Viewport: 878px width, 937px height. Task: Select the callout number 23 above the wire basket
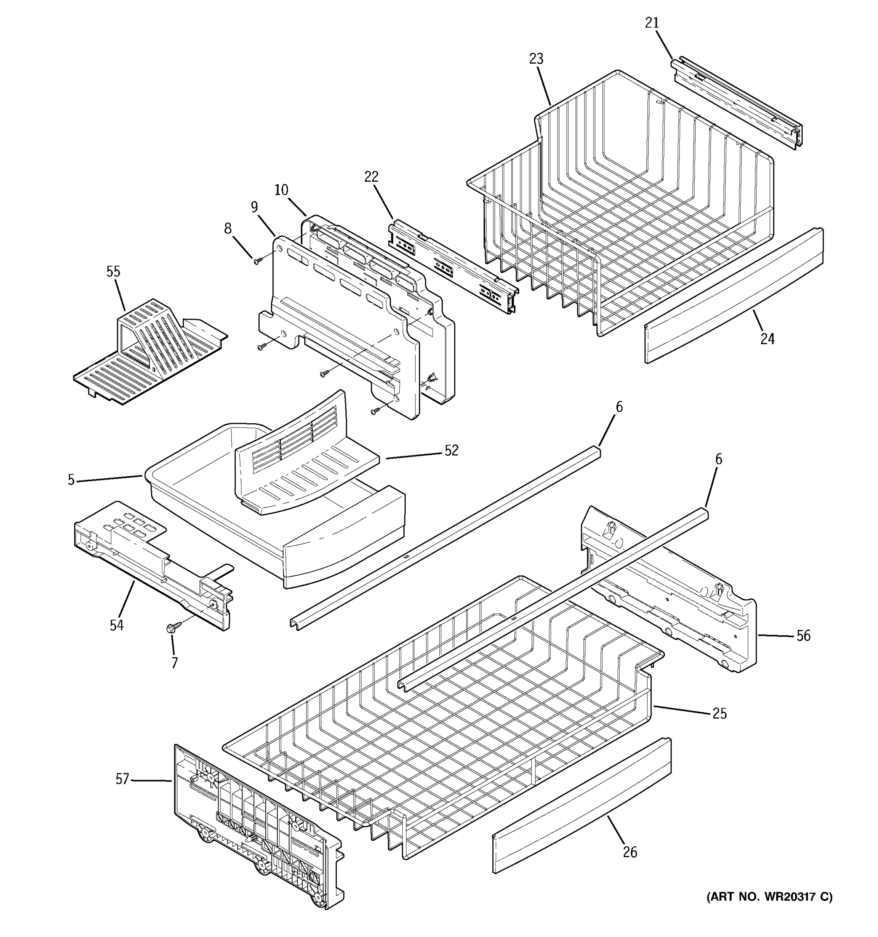click(536, 59)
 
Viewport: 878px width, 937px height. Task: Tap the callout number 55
click(113, 271)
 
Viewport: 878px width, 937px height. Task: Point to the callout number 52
click(451, 451)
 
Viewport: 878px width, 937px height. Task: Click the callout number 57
click(122, 780)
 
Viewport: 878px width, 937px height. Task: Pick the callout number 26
click(630, 852)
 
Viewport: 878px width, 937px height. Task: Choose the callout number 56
click(803, 636)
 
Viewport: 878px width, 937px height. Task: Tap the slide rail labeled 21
click(737, 102)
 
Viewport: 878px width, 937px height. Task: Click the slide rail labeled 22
click(452, 266)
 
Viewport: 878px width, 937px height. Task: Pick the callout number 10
click(281, 190)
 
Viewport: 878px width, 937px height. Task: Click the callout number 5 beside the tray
click(71, 480)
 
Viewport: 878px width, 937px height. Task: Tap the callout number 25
click(719, 714)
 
